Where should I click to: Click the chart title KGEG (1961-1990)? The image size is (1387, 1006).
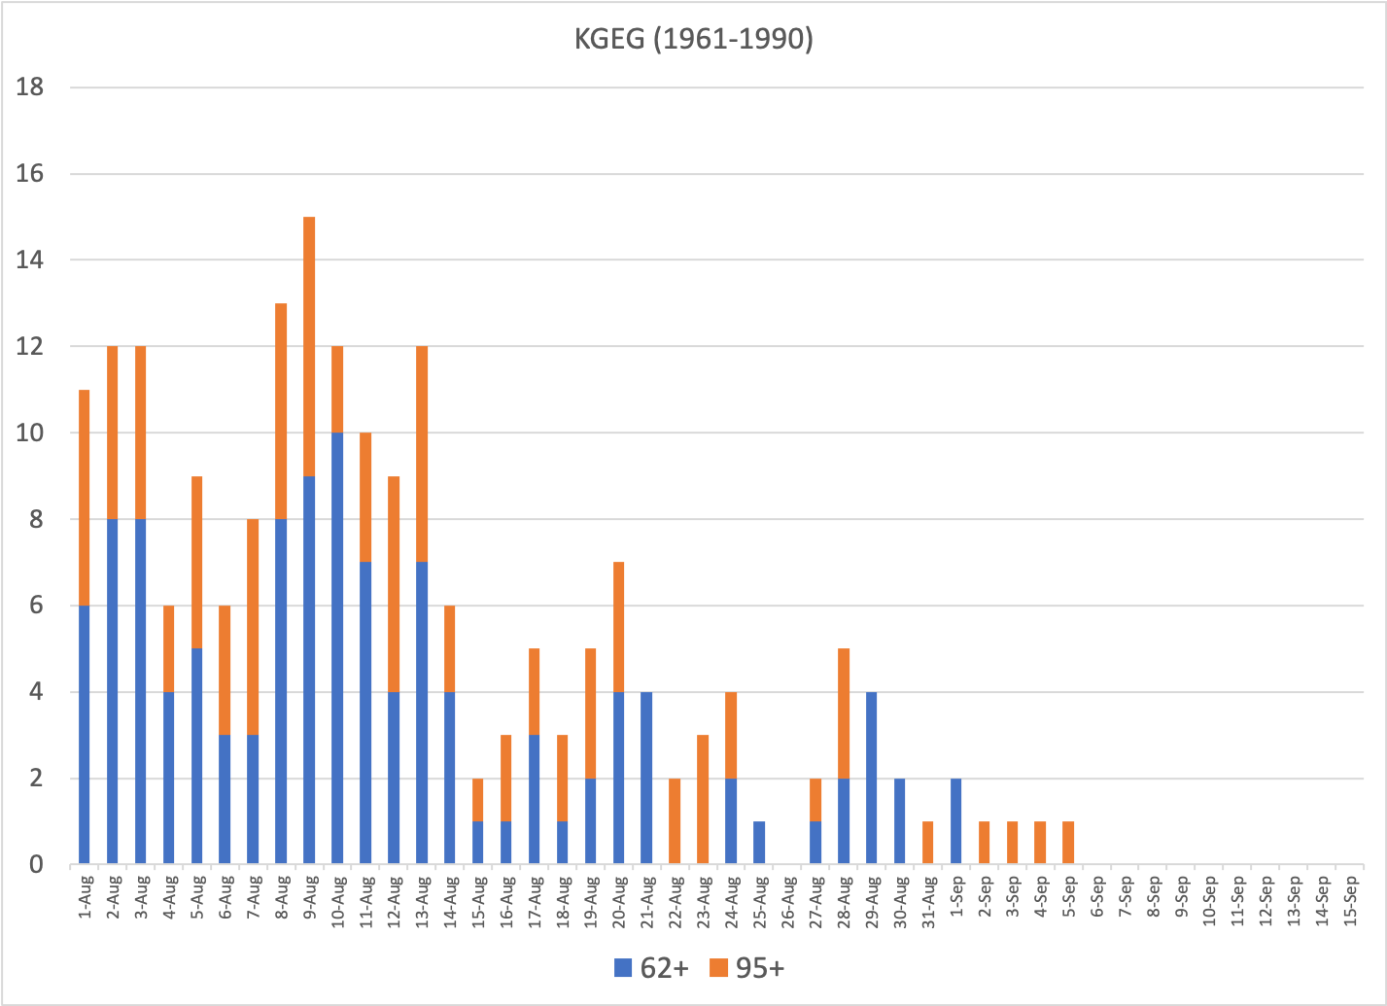tap(692, 40)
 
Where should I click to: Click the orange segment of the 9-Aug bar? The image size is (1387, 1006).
tap(309, 346)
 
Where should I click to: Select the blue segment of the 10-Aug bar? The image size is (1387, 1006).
tap(337, 648)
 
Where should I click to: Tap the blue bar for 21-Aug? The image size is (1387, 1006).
tap(646, 778)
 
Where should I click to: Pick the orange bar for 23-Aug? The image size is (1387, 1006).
tap(703, 799)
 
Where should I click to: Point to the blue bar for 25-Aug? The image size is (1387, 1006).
tap(759, 843)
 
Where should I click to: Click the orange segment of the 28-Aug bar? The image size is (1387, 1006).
tap(844, 713)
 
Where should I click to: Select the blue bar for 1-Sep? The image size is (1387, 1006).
tap(956, 821)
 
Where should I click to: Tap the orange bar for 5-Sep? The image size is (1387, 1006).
tap(1069, 843)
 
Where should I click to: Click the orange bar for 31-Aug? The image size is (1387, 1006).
tap(928, 843)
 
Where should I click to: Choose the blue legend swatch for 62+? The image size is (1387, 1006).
tap(622, 968)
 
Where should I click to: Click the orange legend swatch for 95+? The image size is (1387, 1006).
tap(718, 968)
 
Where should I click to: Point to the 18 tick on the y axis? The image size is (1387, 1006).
tap(30, 87)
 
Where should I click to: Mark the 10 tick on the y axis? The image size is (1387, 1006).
tap(30, 433)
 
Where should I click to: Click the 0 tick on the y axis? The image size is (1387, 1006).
tap(36, 864)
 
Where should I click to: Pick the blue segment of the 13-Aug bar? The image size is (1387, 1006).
tap(422, 712)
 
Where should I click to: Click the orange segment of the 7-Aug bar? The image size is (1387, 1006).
tap(253, 627)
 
